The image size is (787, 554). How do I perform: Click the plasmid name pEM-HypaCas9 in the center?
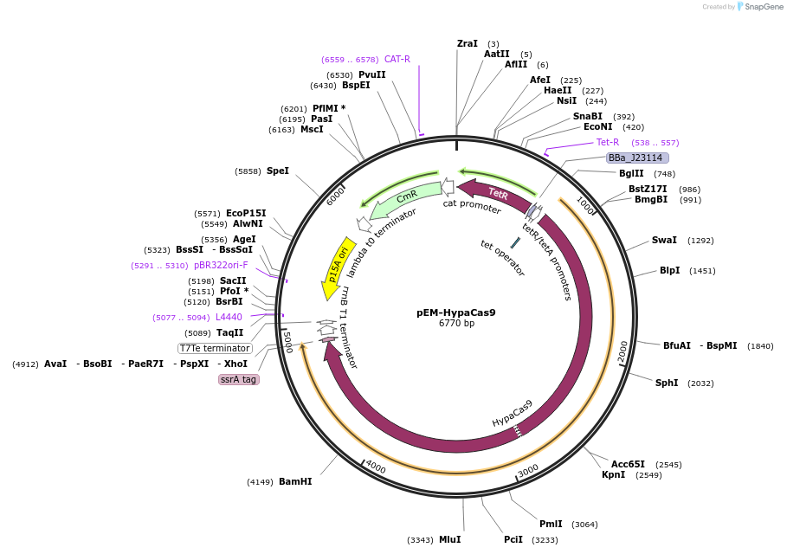pos(455,312)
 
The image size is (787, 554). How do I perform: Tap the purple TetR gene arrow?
pos(495,194)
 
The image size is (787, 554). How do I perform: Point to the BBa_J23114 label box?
pos(635,158)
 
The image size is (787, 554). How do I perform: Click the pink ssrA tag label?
pos(239,379)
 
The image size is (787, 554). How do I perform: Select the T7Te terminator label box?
pos(215,348)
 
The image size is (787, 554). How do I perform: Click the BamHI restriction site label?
pos(295,481)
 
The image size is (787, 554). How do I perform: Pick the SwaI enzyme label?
pos(664,241)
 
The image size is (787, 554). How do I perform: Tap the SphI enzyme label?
pos(667,383)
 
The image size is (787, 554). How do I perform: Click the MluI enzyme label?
pos(449,539)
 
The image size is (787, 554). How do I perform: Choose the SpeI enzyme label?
pos(278,171)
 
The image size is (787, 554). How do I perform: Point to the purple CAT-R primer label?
pos(397,59)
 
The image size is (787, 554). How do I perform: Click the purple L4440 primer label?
pos(229,318)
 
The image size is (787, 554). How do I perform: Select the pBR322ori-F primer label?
pos(221,265)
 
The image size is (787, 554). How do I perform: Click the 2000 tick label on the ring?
pos(623,351)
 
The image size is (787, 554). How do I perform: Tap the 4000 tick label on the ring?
pos(375,467)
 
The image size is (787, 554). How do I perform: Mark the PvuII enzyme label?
pos(372,74)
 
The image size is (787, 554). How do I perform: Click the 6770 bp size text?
pos(456,324)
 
